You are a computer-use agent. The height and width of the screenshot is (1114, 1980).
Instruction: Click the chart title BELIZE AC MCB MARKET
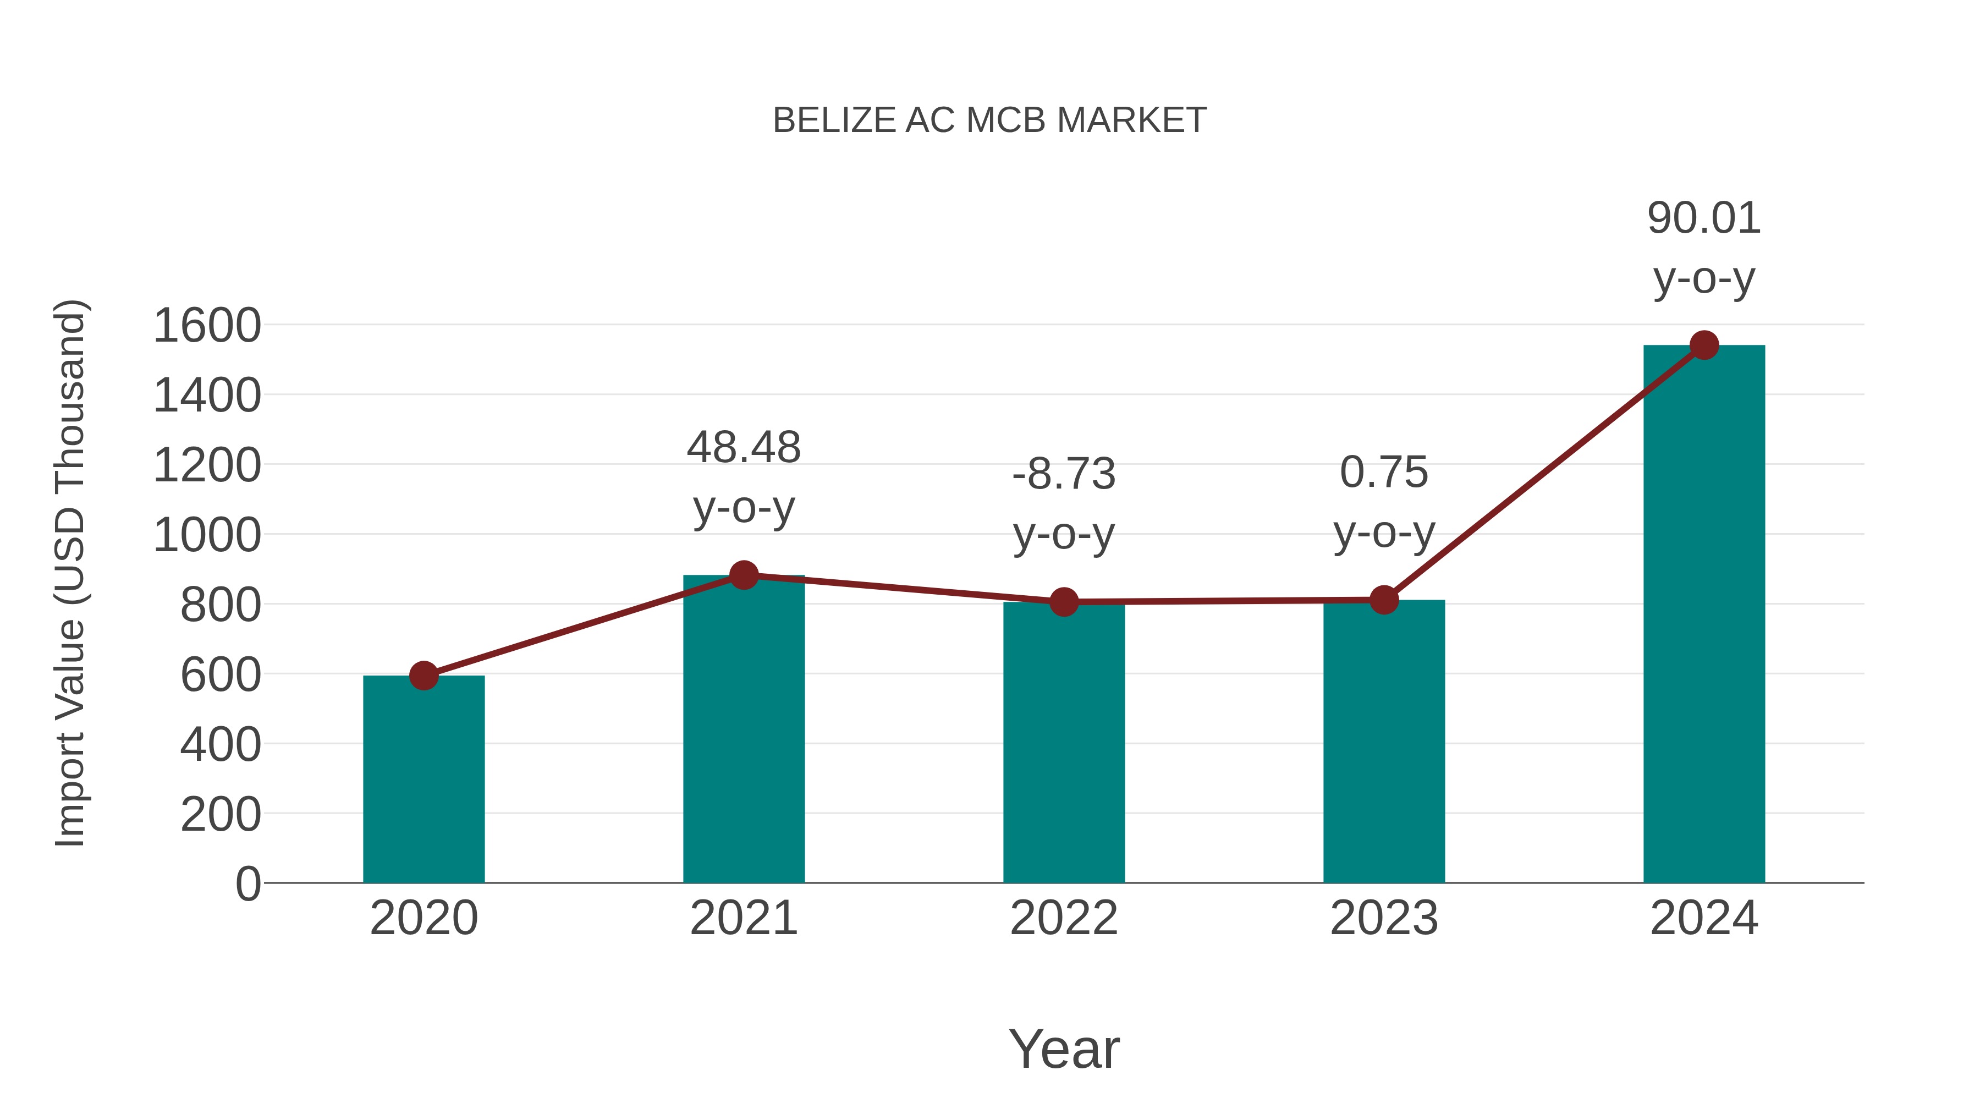coord(989,120)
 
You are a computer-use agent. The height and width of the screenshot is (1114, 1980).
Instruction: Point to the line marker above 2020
coord(424,676)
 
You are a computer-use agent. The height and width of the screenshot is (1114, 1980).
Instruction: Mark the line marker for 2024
coord(1704,345)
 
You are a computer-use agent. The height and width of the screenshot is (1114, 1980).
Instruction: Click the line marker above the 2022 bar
coord(1064,602)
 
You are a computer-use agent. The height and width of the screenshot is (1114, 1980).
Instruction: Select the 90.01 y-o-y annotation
coord(1704,248)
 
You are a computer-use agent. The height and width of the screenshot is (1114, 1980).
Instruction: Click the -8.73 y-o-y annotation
coord(1064,503)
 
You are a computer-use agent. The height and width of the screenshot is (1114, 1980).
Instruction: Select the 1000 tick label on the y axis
coord(207,535)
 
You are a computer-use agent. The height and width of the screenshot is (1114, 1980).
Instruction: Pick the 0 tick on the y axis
coord(248,883)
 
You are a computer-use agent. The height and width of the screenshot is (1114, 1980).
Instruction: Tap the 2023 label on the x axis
coord(1384,918)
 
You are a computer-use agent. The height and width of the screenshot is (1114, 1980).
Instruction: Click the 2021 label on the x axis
coord(743,918)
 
